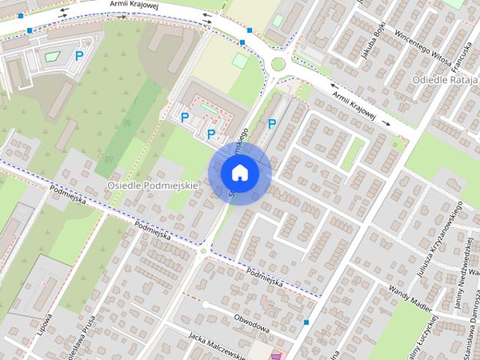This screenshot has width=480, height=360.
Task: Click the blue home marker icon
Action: (239, 172)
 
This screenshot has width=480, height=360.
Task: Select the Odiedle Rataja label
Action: (445, 79)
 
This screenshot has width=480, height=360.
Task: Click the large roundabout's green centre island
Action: (278, 64)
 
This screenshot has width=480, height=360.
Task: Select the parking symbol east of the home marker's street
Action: (271, 124)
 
